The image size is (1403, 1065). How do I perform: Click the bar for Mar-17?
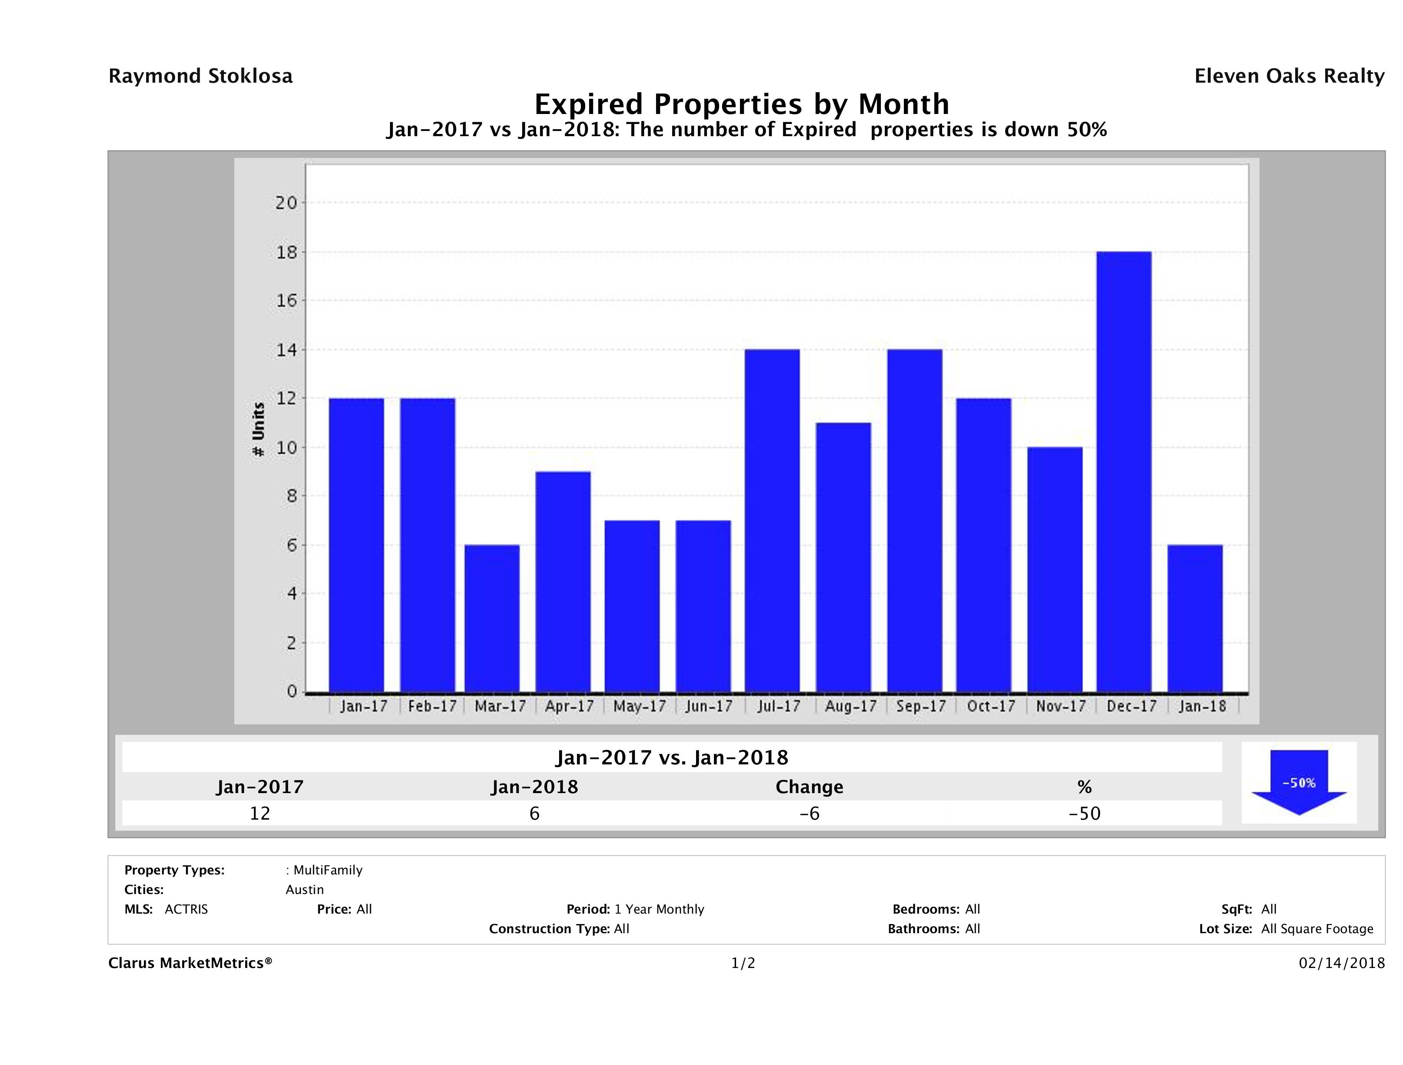[x=492, y=618]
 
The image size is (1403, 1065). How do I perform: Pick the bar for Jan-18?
[x=1194, y=618]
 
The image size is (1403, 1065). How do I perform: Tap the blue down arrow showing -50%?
[x=1298, y=783]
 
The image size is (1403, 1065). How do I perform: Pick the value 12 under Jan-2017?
[x=260, y=813]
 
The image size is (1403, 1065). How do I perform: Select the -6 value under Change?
[x=810, y=813]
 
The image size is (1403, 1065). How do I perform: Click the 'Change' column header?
[x=810, y=787]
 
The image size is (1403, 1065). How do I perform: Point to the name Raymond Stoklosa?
[x=200, y=76]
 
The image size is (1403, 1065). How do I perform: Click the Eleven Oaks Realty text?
[x=1289, y=76]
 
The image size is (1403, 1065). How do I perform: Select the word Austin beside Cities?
[x=304, y=890]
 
